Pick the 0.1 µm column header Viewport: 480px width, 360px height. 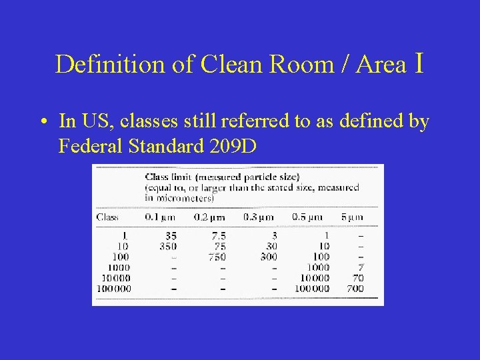click(x=161, y=217)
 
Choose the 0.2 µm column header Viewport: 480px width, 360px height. click(x=209, y=217)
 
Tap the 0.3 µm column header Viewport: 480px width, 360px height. click(x=258, y=217)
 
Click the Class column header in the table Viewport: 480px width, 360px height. click(x=108, y=217)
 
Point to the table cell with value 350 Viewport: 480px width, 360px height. click(x=168, y=246)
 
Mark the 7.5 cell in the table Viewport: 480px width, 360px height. click(x=217, y=235)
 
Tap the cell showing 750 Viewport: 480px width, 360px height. click(x=217, y=257)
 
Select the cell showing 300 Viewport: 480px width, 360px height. click(x=268, y=257)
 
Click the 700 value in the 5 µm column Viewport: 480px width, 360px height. click(x=355, y=289)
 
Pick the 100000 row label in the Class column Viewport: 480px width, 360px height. click(x=114, y=289)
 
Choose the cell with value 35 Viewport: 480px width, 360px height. click(x=171, y=235)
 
